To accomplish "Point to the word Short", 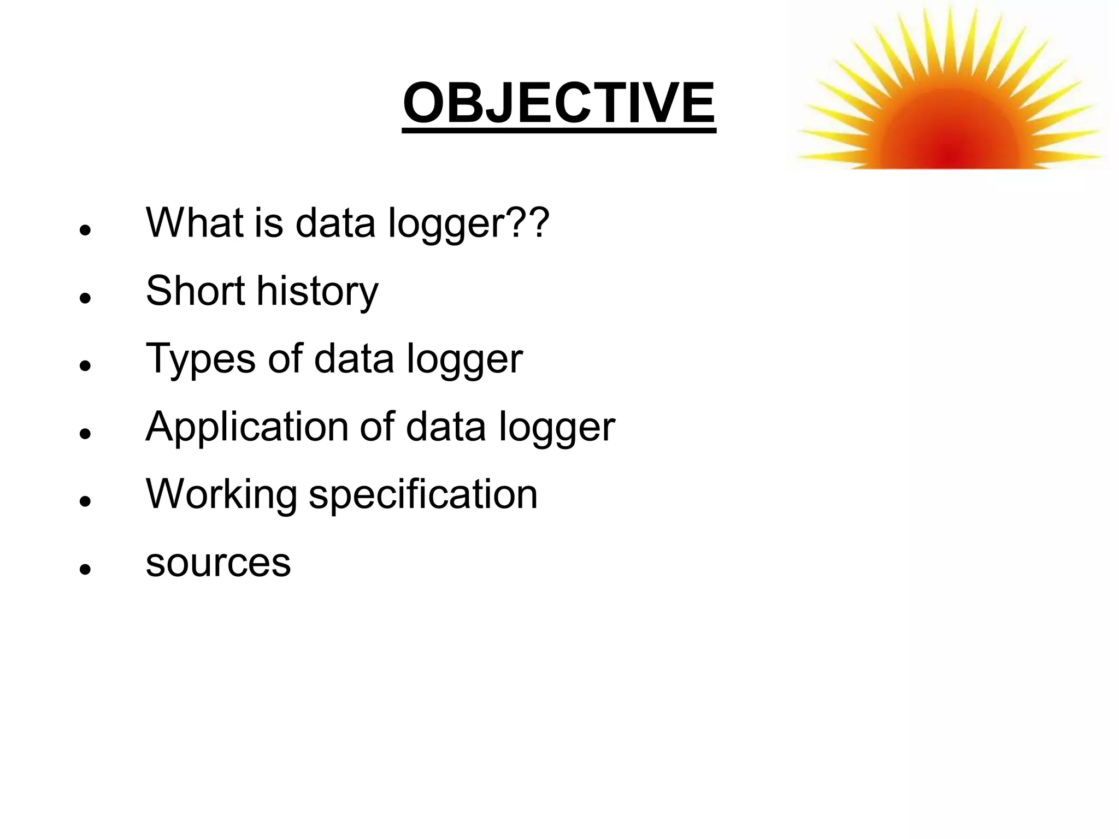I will point(195,291).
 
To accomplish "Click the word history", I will point(317,292).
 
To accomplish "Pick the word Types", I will point(201,359).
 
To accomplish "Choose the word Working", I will point(221,494).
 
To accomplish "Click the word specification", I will point(423,494).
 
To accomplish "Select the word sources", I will point(218,563).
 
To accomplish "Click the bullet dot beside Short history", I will point(84,298).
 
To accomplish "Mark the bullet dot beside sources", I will point(84,570).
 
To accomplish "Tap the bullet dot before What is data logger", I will point(84,231).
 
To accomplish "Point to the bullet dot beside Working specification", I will point(84,501).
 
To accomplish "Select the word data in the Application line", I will point(445,427).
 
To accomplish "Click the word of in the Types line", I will point(285,359).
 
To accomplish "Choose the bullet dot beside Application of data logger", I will point(84,434).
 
